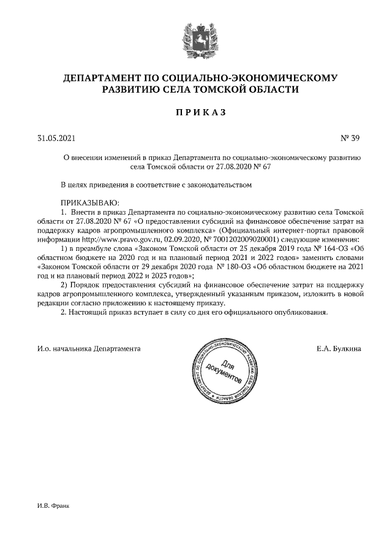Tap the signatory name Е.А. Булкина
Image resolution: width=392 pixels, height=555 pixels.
tap(339, 348)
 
